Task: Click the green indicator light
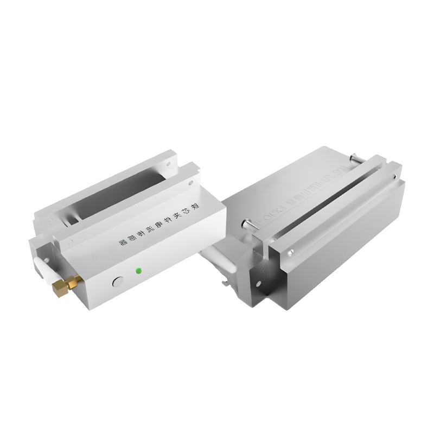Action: pyautogui.click(x=139, y=270)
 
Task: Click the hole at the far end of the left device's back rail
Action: pyautogui.click(x=169, y=161)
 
